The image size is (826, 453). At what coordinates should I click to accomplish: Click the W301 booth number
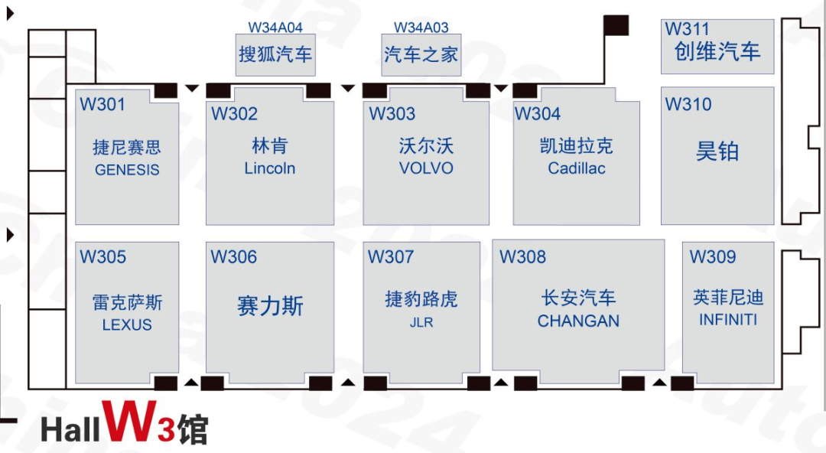(102, 104)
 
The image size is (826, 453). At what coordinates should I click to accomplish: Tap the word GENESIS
(127, 170)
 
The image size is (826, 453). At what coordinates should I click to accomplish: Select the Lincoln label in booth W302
(270, 168)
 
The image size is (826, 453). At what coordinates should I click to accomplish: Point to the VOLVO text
(426, 168)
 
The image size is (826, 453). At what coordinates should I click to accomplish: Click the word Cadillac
(577, 168)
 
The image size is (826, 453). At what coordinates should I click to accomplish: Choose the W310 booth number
(688, 104)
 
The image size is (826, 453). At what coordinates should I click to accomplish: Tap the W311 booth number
(687, 29)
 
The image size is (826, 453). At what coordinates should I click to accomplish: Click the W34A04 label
(275, 28)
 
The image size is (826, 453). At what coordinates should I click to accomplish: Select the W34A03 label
(421, 28)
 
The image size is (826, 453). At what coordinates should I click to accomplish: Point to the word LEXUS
(127, 325)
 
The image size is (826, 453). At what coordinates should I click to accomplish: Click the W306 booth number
(234, 257)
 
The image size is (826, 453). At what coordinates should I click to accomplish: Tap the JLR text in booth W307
(421, 322)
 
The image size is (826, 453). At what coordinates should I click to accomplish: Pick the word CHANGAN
(578, 321)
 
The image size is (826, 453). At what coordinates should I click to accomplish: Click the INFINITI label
(728, 320)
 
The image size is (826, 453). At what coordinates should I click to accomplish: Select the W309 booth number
(713, 257)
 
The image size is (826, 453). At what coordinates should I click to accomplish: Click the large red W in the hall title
(129, 421)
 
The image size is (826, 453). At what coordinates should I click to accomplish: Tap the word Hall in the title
(70, 430)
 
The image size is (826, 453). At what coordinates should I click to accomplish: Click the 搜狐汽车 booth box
(275, 55)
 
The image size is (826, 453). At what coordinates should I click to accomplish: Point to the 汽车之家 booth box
(421, 55)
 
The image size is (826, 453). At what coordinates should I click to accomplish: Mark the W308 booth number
(522, 257)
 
